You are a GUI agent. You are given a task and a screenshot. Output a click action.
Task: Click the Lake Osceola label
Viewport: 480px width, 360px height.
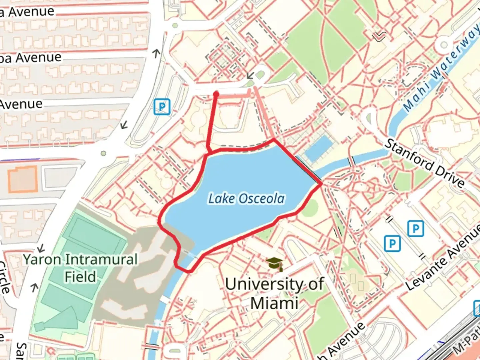point(246,198)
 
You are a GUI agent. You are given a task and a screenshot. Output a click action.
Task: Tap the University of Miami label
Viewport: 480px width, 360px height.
point(274,293)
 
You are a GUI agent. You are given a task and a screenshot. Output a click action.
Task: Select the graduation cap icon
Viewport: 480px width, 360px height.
point(275,264)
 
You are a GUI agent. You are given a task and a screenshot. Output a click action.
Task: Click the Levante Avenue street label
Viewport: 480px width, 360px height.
point(443,257)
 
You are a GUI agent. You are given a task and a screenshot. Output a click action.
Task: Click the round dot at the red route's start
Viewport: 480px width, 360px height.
point(216,94)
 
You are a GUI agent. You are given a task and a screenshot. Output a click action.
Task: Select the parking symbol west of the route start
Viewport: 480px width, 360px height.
point(162,107)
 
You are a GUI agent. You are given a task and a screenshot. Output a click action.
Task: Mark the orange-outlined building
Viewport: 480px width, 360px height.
point(23,179)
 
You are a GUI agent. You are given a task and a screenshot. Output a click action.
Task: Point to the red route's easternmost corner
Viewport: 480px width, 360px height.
point(322,183)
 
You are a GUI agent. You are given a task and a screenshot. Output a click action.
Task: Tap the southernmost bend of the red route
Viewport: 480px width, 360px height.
point(190,271)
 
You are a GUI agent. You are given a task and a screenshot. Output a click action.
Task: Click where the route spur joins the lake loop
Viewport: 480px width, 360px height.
point(208,153)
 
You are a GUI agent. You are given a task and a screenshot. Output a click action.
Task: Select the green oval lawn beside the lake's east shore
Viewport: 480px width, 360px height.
point(311,207)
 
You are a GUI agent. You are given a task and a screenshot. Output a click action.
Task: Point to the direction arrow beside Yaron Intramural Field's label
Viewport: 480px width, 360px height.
point(41,248)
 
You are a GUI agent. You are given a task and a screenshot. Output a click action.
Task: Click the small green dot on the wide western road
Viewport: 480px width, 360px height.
point(103,153)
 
